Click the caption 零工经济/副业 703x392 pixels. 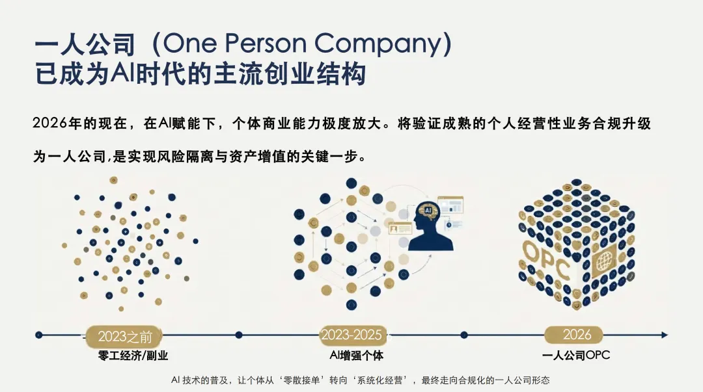tap(128, 356)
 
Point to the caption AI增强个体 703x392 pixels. tap(356, 356)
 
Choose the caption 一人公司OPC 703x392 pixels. tap(575, 356)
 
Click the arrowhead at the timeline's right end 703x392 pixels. tap(664, 335)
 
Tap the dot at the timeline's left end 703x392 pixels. tap(39, 335)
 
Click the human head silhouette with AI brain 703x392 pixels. tap(430, 228)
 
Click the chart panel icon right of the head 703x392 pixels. tap(450, 205)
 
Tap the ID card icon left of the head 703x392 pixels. tap(399, 228)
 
